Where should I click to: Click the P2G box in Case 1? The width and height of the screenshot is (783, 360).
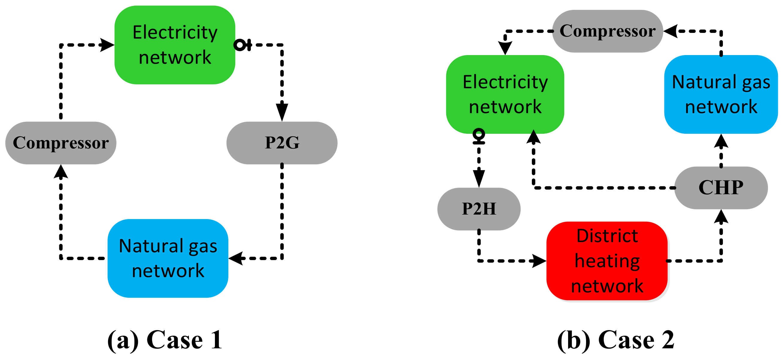tap(282, 143)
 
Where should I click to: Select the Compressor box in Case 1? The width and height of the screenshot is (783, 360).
tap(61, 143)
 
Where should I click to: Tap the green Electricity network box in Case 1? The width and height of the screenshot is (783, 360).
tap(175, 45)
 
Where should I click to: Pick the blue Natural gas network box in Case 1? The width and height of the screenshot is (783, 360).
tap(168, 258)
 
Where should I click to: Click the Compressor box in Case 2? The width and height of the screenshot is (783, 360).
tap(607, 31)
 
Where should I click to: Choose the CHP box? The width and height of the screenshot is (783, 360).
tap(721, 187)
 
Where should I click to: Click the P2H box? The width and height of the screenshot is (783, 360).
tap(479, 209)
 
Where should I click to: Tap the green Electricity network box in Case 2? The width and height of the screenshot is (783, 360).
tap(505, 94)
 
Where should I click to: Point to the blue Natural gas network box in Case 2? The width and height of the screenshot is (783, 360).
tap(721, 94)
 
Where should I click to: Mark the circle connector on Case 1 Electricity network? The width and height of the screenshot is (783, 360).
tap(240, 45)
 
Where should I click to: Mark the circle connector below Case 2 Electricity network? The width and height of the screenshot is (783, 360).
tap(479, 134)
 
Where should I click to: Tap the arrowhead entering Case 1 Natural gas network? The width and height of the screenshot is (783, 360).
tap(236, 258)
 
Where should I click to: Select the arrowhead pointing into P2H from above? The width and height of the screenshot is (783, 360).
tap(479, 179)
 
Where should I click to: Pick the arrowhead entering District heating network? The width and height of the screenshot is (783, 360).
tap(539, 261)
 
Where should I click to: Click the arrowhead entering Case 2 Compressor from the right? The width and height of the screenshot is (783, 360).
tap(671, 31)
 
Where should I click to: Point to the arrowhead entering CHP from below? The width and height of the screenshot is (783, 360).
tap(721, 216)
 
